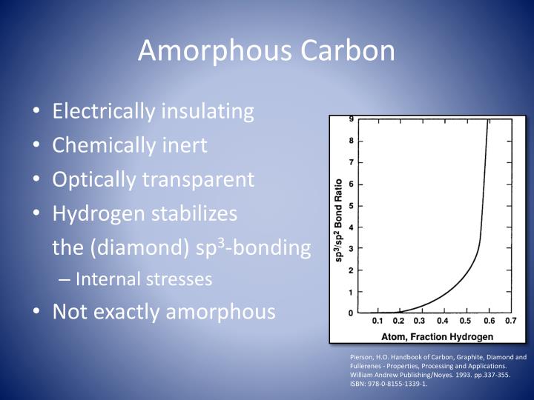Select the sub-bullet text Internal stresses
pyautogui.click(x=144, y=279)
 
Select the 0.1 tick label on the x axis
pyautogui.click(x=377, y=321)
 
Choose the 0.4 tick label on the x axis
pyautogui.click(x=443, y=321)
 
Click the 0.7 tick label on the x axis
pyautogui.click(x=510, y=321)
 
